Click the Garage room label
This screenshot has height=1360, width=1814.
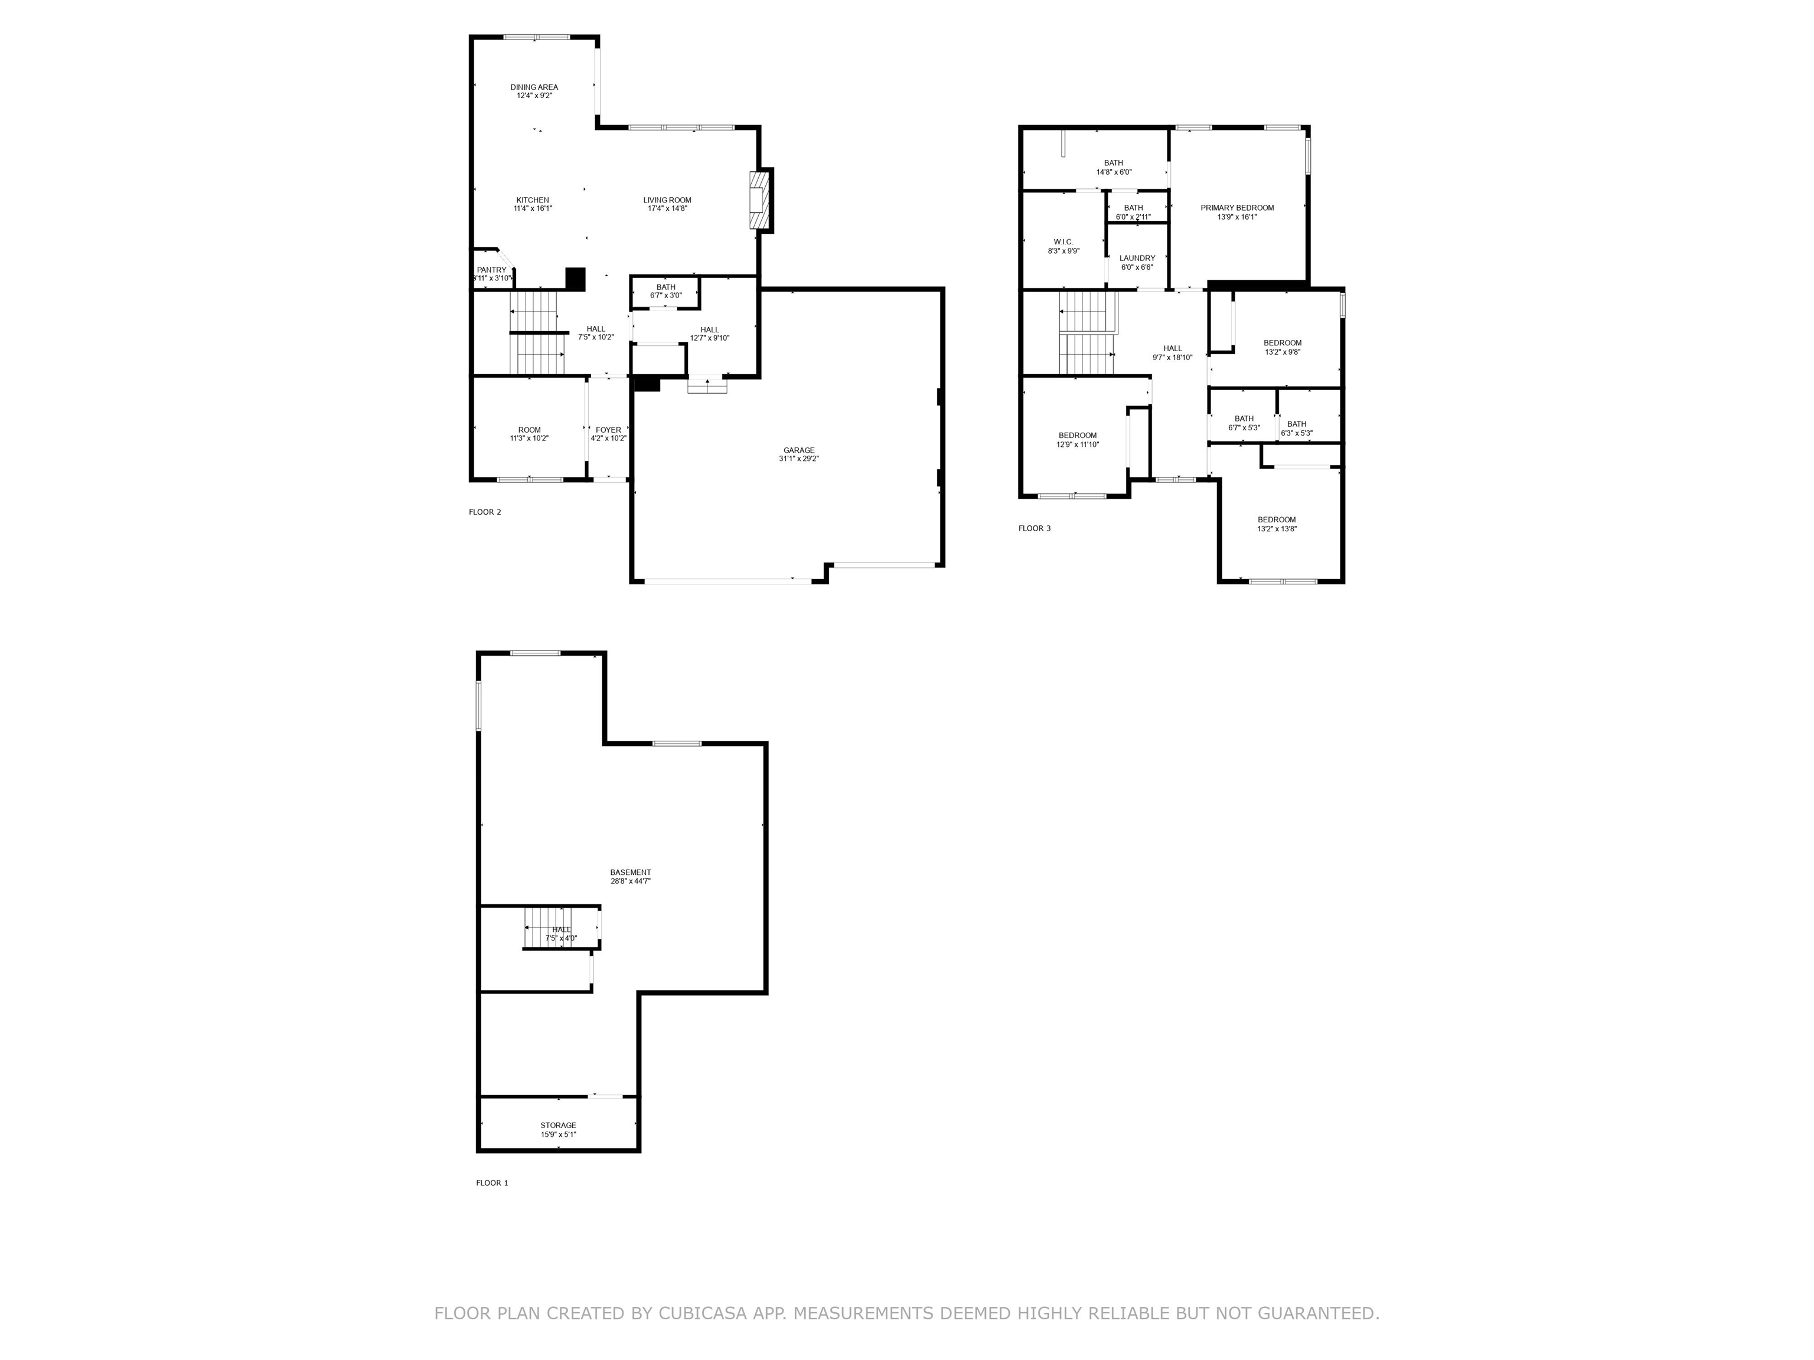pos(799,450)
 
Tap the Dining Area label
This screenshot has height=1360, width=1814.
pos(534,87)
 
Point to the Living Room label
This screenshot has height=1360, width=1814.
pos(667,200)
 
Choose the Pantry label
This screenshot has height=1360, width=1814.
pos(492,270)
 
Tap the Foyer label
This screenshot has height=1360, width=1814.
pos(608,430)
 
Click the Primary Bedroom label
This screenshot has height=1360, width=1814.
pos(1238,208)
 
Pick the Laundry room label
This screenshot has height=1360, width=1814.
pos(1137,258)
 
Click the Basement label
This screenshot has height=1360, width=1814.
pos(631,872)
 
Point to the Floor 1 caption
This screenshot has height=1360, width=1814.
pos(492,1183)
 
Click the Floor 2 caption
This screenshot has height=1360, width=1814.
pos(485,512)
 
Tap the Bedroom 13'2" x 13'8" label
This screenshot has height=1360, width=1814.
pos(1277,524)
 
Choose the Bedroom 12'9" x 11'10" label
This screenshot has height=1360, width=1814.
pos(1078,439)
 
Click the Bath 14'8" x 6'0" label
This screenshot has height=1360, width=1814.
pos(1114,167)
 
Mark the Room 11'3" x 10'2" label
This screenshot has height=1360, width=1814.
pos(529,434)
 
